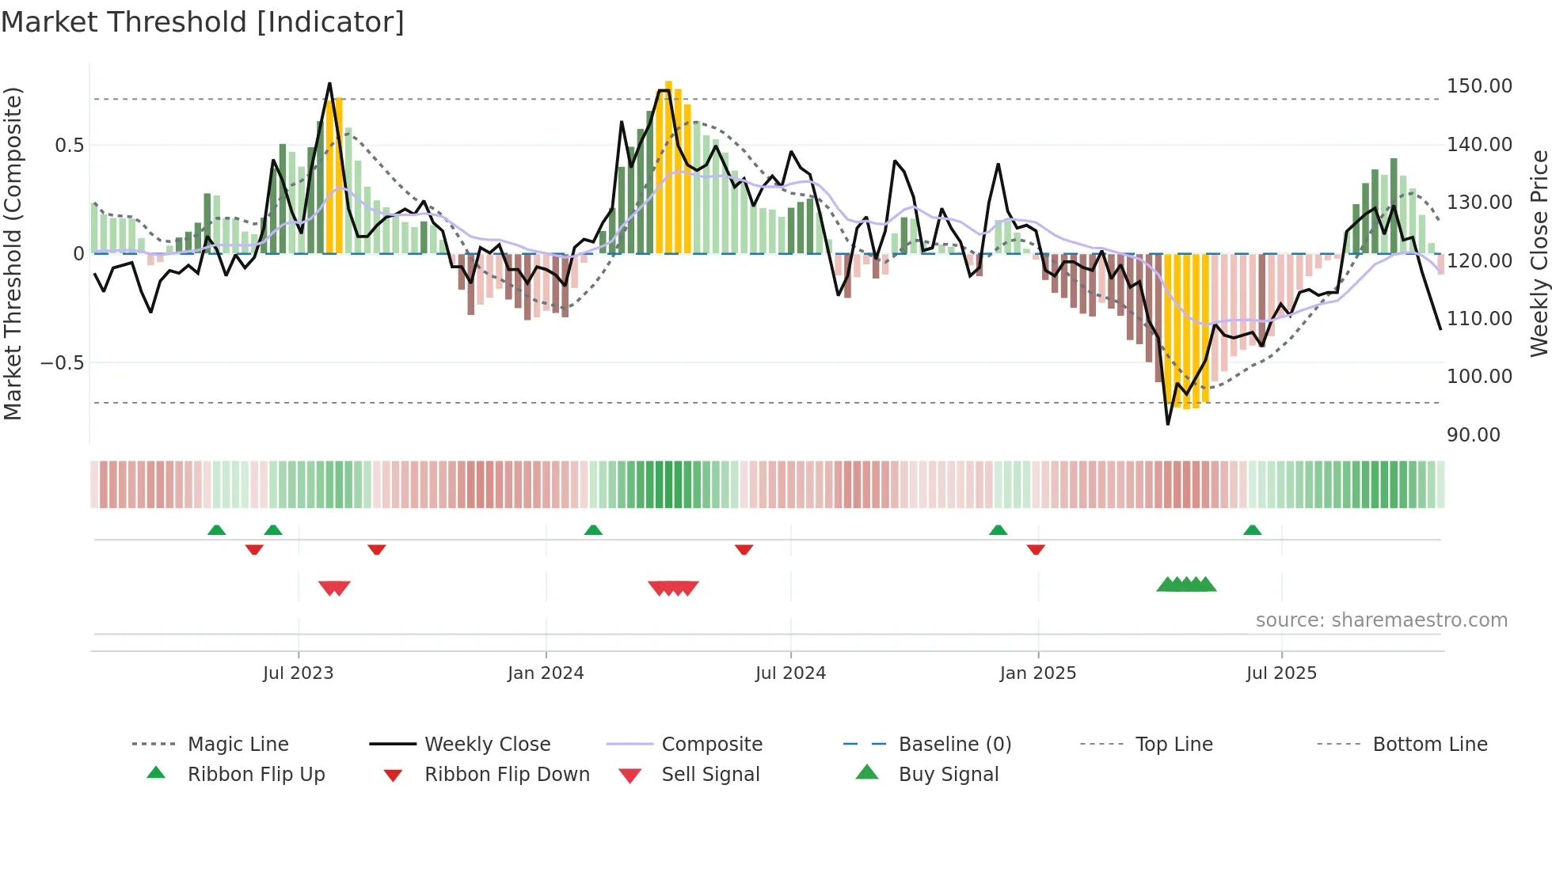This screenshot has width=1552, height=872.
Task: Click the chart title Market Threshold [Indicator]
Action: point(203,22)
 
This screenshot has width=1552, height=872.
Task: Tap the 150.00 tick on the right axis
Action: point(1479,86)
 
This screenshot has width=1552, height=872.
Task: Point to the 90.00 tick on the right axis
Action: point(1473,435)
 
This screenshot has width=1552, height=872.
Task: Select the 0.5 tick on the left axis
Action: point(69,146)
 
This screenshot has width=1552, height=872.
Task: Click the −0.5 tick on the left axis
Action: point(62,363)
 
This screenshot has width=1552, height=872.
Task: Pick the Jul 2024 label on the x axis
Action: point(790,673)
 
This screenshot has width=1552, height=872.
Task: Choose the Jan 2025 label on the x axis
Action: point(1037,673)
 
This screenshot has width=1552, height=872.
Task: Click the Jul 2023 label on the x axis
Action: point(298,673)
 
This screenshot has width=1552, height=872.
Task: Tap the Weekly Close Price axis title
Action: point(1539,253)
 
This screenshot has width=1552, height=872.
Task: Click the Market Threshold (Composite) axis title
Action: point(13,253)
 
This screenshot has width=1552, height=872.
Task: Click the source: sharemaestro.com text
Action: point(1381,620)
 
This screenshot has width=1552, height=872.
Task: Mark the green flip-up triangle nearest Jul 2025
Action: point(1252,530)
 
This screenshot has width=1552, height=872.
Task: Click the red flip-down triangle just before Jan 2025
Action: point(1036,549)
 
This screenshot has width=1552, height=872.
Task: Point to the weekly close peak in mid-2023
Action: point(329,84)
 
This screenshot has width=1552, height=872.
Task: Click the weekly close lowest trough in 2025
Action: point(1168,423)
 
